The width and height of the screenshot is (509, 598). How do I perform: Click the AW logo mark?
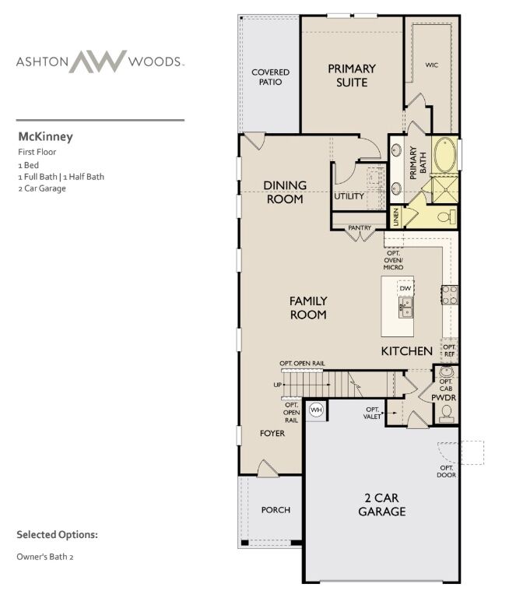click(x=98, y=61)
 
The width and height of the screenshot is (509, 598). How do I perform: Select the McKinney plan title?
click(x=45, y=137)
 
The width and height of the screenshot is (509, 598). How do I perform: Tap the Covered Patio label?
click(x=270, y=77)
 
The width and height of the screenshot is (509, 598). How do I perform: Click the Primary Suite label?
click(x=352, y=76)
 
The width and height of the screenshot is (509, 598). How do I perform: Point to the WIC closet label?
click(x=432, y=65)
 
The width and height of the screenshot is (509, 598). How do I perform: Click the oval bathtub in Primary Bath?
click(x=445, y=154)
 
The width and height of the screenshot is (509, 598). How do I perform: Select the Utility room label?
click(x=349, y=196)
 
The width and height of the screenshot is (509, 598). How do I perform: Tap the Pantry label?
click(x=360, y=227)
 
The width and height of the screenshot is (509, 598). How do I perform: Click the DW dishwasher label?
click(x=405, y=288)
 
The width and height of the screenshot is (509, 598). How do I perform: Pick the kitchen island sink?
click(x=405, y=308)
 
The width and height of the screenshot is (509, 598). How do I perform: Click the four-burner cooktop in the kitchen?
click(x=450, y=295)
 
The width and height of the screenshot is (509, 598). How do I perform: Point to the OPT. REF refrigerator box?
click(x=449, y=351)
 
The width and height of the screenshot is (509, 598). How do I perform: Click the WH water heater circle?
click(x=316, y=410)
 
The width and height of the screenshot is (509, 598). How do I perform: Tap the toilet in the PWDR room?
click(x=446, y=414)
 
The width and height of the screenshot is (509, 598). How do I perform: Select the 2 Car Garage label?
click(x=381, y=505)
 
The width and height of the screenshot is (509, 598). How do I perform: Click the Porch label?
click(x=276, y=510)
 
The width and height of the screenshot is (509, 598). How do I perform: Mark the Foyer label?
click(x=272, y=433)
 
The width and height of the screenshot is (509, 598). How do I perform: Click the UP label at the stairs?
click(x=278, y=385)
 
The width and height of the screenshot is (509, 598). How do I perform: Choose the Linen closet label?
click(x=396, y=217)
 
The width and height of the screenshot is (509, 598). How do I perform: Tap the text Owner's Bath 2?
click(x=45, y=557)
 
